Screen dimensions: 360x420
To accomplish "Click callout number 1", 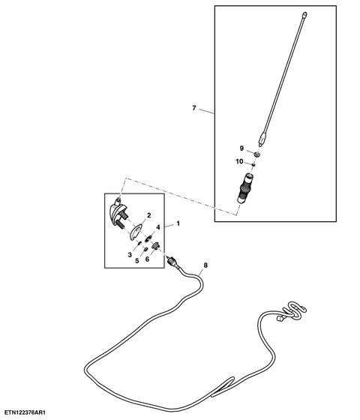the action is [x=178, y=223].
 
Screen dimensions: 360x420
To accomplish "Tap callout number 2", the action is [x=149, y=215].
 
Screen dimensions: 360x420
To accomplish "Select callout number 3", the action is [x=130, y=255].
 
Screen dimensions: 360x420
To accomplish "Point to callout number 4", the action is [x=158, y=227].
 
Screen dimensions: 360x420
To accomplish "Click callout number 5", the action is [x=137, y=261].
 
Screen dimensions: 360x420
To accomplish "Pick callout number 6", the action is [x=147, y=259].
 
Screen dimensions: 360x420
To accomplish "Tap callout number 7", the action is [x=194, y=108].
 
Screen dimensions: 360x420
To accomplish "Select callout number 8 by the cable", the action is [x=205, y=265].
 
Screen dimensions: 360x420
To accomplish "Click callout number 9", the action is [x=241, y=148].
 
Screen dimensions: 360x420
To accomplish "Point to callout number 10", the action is [x=239, y=161].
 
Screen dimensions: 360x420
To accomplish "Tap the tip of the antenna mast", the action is [x=304, y=13].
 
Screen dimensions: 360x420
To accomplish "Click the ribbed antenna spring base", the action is [x=244, y=188].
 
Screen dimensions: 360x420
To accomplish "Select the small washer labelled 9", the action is [x=257, y=154].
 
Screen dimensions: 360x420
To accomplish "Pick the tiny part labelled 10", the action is [x=253, y=165].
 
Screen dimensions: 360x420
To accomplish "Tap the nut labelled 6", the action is [x=156, y=244].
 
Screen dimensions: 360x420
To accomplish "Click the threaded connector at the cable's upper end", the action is [x=172, y=261].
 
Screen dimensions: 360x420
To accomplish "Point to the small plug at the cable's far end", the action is [x=280, y=319].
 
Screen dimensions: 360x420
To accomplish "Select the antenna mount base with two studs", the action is [x=118, y=214].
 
